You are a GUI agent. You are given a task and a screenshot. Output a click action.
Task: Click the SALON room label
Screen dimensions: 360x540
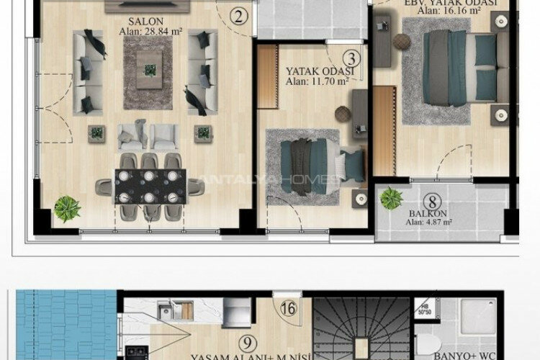pos(147,22)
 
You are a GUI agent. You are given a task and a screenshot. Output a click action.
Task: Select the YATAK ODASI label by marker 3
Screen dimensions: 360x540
pos(318,72)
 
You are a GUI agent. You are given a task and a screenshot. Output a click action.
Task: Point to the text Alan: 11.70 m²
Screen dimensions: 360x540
pos(317,82)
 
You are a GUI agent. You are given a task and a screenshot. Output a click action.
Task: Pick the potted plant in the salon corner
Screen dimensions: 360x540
pos(67,208)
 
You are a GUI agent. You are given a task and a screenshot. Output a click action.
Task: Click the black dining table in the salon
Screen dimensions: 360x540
pos(150,186)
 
